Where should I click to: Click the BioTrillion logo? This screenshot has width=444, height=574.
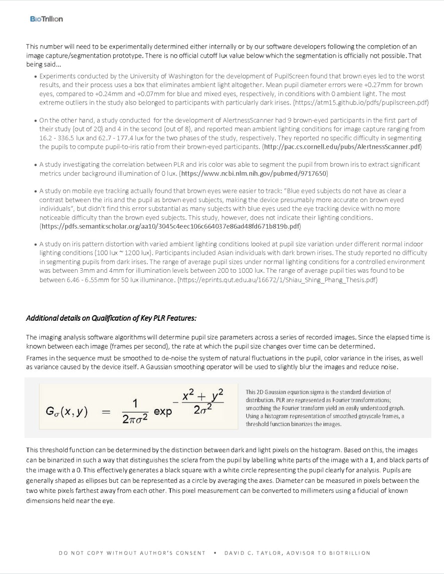[46, 19]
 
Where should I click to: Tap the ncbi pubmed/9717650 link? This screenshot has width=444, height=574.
[254, 173]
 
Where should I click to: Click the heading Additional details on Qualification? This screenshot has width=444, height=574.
[111, 318]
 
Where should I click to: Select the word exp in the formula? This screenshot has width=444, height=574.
[163, 412]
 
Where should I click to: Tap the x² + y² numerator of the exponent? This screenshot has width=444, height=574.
[203, 395]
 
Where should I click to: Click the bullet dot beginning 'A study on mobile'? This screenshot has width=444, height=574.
[35, 191]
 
